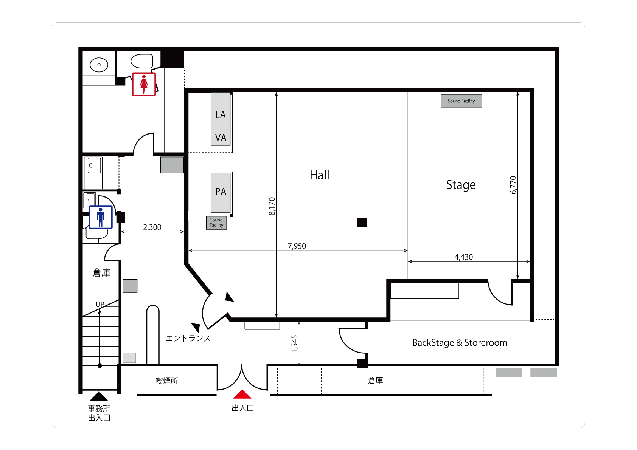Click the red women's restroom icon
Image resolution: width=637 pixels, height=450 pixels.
(x=144, y=84)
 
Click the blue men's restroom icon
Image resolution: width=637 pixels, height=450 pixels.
(x=101, y=217)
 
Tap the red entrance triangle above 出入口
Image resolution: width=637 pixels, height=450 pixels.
(x=242, y=394)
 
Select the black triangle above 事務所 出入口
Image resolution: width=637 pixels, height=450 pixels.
(x=99, y=396)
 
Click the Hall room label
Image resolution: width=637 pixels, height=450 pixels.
(x=319, y=175)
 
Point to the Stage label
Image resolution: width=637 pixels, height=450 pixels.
(x=461, y=185)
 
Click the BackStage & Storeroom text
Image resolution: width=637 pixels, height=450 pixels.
(x=460, y=343)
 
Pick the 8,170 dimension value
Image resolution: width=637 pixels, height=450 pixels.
(x=272, y=206)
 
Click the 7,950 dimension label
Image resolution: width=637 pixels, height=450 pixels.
(x=297, y=246)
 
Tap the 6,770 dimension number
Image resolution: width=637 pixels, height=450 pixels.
(x=513, y=185)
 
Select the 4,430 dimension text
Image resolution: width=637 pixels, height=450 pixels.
(x=463, y=257)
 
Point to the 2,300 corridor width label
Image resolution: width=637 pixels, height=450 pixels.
(x=152, y=227)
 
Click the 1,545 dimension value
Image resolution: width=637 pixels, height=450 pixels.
(x=294, y=344)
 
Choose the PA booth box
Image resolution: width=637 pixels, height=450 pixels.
(x=221, y=193)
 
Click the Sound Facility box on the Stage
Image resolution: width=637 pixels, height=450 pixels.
(x=461, y=101)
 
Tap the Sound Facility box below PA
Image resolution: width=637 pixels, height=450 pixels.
(x=216, y=223)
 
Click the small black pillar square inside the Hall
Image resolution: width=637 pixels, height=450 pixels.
(x=362, y=223)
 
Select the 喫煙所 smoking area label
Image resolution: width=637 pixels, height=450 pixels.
(x=167, y=381)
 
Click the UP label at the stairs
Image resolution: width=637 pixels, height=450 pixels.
(x=100, y=304)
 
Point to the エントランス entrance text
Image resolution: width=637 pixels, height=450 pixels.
(x=188, y=339)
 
